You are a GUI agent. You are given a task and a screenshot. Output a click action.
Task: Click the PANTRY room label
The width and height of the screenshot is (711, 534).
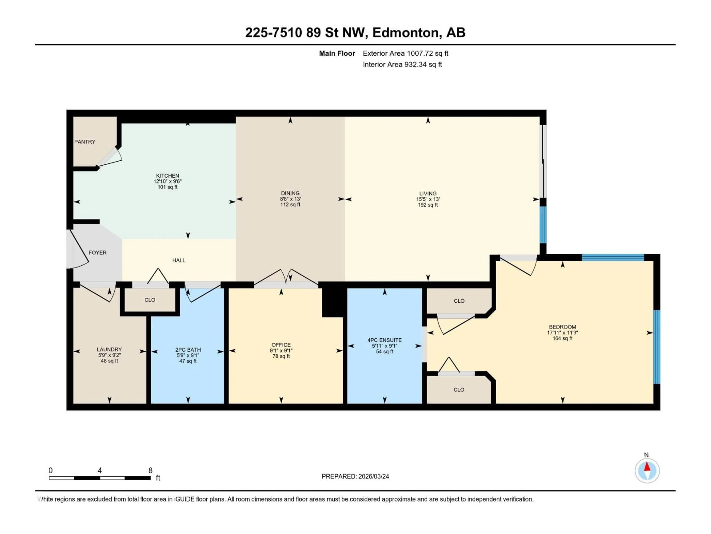pyautogui.click(x=85, y=142)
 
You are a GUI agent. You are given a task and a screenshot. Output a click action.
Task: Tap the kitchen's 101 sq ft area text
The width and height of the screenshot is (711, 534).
pyautogui.click(x=167, y=187)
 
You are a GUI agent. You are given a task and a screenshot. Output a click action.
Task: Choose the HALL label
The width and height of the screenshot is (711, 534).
pyautogui.click(x=179, y=260)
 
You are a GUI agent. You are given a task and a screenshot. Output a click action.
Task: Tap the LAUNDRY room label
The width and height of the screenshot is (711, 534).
pyautogui.click(x=109, y=349)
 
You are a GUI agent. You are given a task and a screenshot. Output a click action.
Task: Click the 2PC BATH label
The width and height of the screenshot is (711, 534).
pyautogui.click(x=188, y=350)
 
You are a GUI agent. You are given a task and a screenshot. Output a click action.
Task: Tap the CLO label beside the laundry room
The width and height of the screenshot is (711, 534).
pyautogui.click(x=150, y=300)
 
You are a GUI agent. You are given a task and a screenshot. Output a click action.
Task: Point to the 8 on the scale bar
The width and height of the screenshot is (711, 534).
pyautogui.click(x=150, y=470)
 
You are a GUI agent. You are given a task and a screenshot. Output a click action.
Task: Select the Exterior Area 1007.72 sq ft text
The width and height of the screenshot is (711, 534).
pyautogui.click(x=405, y=53)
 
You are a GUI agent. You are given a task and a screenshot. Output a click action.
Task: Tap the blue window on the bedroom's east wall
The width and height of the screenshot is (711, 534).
pyautogui.click(x=657, y=347)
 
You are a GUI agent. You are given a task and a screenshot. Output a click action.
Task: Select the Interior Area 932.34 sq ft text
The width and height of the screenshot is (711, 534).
pyautogui.click(x=402, y=64)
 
